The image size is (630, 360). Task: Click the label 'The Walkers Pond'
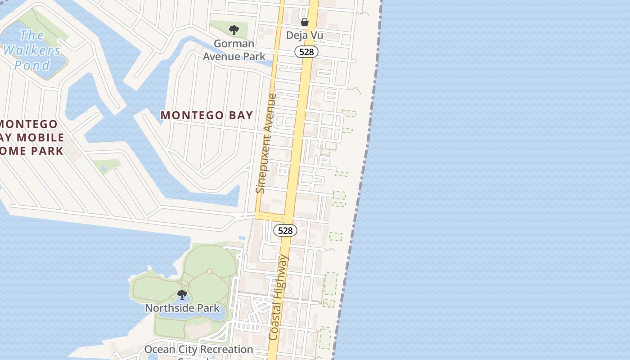31,50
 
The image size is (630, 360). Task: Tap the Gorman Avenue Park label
234,50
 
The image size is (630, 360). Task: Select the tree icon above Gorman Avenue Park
234,30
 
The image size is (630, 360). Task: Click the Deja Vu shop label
305,35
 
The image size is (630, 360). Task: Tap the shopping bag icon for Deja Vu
305,22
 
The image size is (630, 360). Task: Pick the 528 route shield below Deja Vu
306,52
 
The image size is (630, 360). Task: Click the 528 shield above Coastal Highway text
285,230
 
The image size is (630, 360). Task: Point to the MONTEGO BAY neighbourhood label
207,115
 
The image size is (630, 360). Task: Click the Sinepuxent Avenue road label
266,143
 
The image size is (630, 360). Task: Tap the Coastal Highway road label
279,297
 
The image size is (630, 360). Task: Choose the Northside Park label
182,308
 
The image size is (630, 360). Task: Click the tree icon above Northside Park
182,295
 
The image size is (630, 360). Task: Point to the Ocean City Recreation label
198,350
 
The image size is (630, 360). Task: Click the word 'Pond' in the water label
32,65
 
